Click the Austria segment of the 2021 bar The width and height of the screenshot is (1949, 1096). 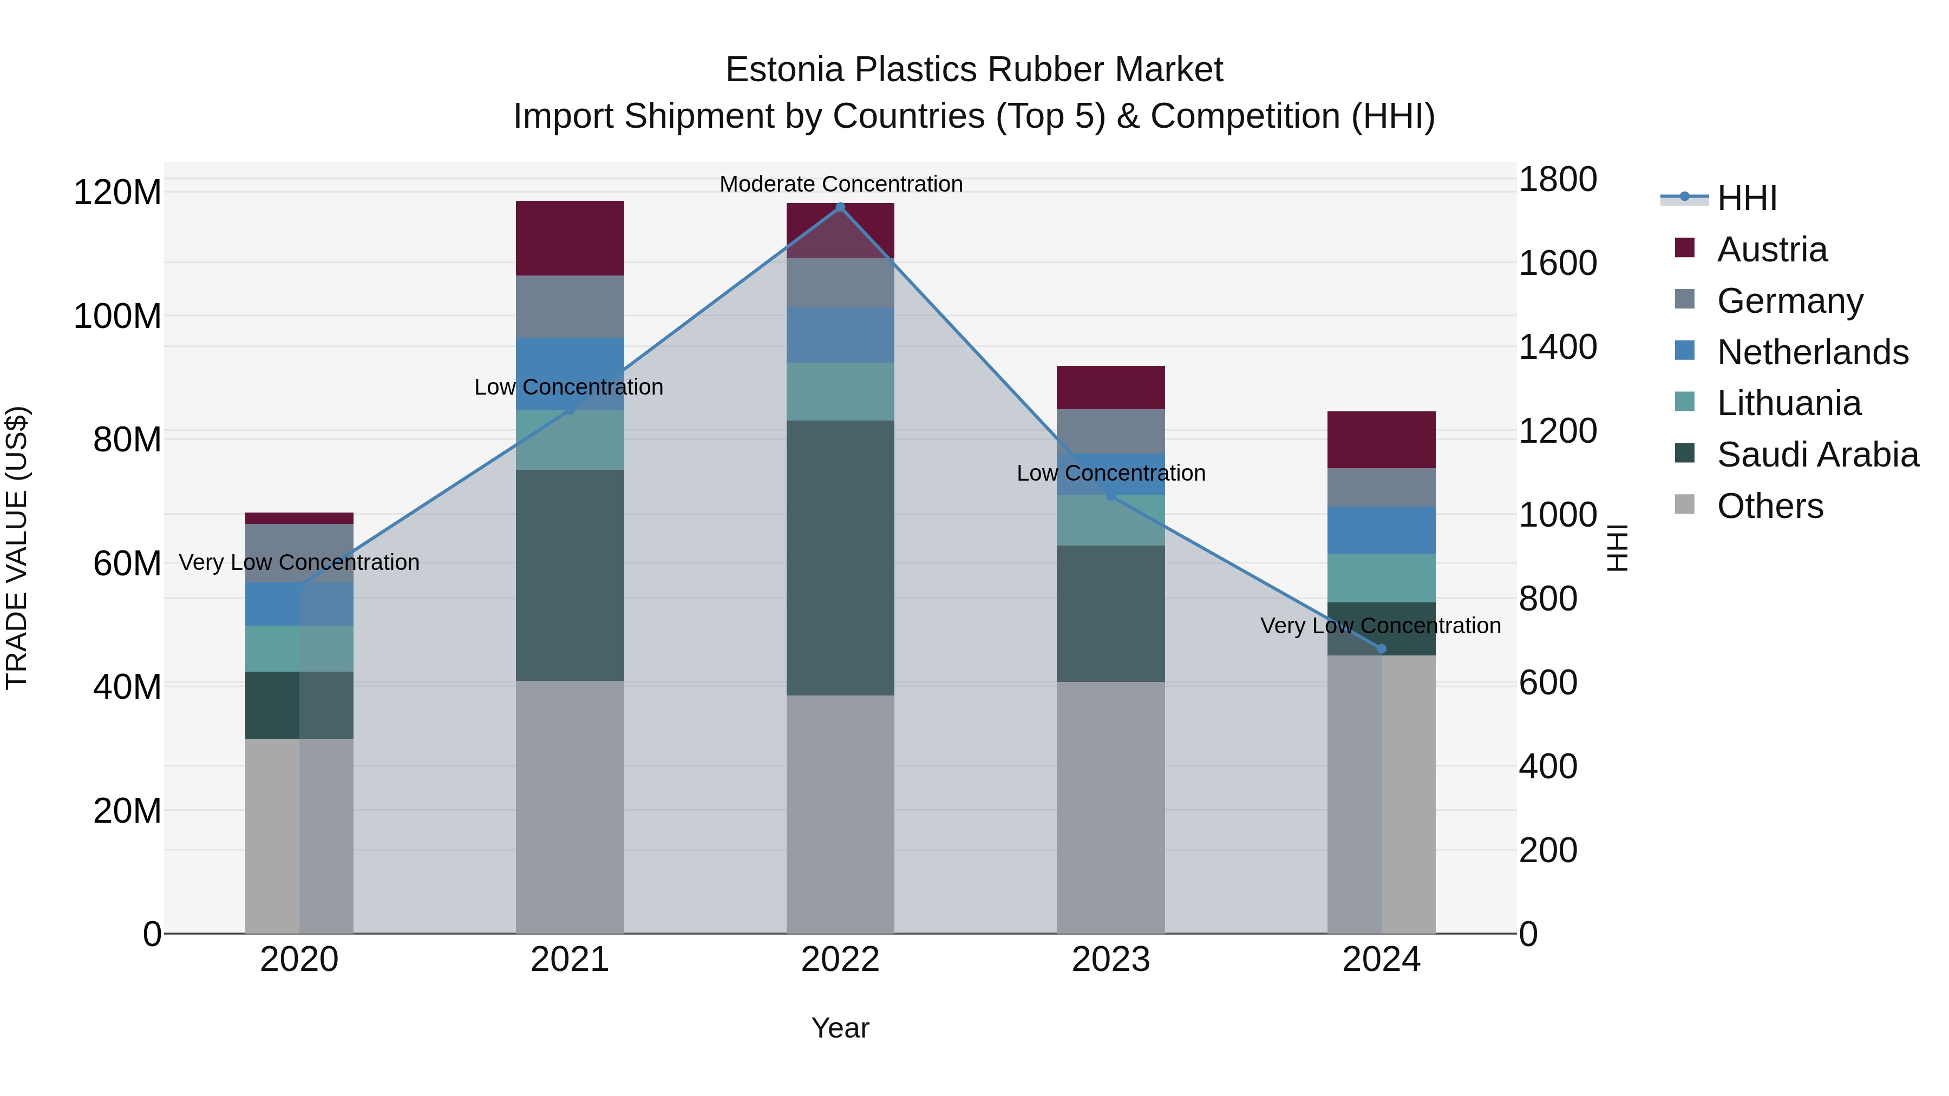point(570,238)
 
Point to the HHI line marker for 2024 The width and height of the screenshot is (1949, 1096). point(1382,649)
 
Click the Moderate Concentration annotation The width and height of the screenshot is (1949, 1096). point(841,185)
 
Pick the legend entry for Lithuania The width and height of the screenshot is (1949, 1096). point(1789,403)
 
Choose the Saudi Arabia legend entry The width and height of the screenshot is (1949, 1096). point(1817,455)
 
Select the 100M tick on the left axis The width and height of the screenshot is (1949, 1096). point(117,316)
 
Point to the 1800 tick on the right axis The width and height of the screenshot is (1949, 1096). point(1558,180)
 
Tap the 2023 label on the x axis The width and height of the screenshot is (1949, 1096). point(1111,960)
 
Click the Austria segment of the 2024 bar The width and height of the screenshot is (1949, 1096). point(1382,439)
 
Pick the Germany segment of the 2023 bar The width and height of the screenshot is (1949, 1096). point(1111,431)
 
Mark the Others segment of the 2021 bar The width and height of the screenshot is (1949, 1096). point(570,806)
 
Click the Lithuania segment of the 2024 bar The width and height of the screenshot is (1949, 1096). point(1382,578)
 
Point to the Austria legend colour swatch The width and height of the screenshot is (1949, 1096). point(1685,248)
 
